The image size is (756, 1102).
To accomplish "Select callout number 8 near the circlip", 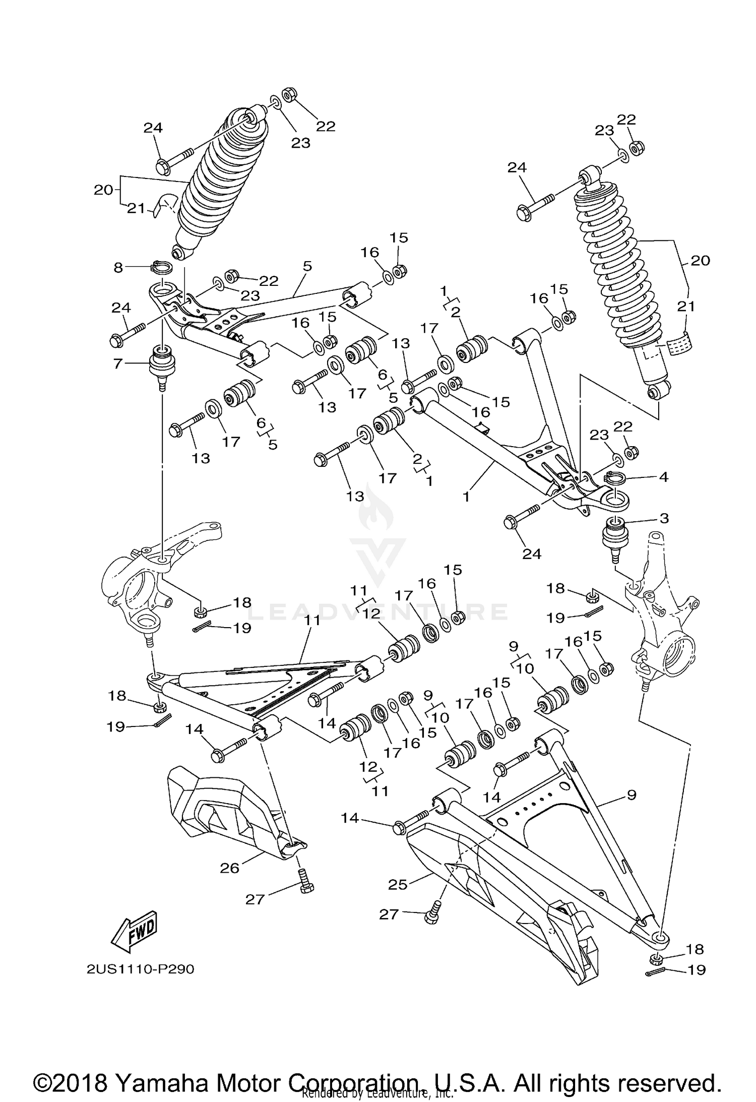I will coord(118,267).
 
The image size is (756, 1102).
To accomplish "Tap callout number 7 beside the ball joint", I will coord(118,363).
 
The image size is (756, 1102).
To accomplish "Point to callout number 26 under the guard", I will coord(229,868).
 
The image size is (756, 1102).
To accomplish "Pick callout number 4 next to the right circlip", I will coord(664,476).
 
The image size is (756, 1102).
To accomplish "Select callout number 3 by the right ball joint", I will coord(664,518).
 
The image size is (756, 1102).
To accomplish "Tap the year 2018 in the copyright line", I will coord(84,1067).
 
